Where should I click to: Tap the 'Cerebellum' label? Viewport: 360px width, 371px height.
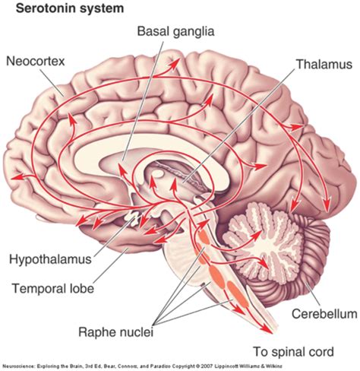(x=321, y=312)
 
